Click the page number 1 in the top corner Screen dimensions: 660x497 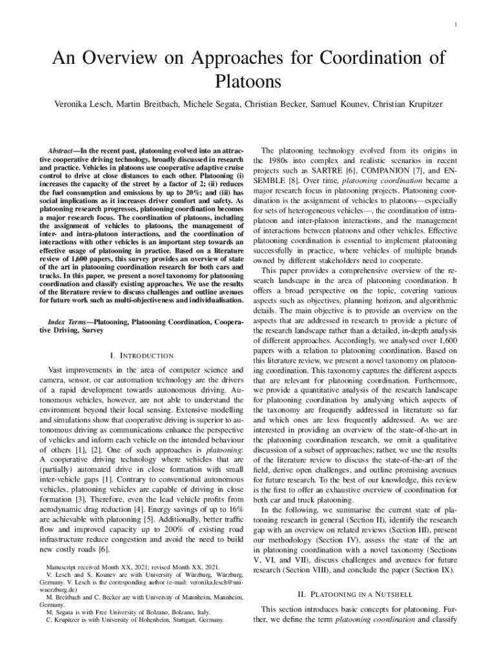[x=456, y=25]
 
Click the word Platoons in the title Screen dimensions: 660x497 [x=248, y=82]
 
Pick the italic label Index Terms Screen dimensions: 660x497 [x=68, y=321]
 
